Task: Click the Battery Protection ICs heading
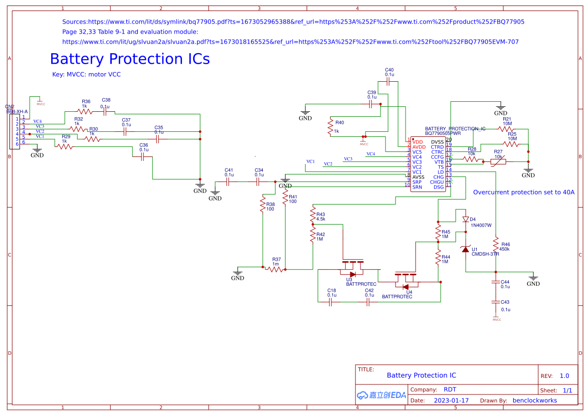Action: pyautogui.click(x=130, y=59)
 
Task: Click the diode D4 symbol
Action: pyautogui.click(x=466, y=219)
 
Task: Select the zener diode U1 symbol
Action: pyautogui.click(x=466, y=249)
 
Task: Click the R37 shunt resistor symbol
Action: pyautogui.click(x=275, y=269)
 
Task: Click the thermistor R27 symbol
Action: pyautogui.click(x=498, y=162)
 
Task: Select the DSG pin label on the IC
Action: pyautogui.click(x=439, y=187)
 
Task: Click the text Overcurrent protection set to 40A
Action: pyautogui.click(x=523, y=192)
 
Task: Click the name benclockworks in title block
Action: pyautogui.click(x=535, y=400)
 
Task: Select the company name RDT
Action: pyautogui.click(x=450, y=389)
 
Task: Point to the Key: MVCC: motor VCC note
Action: pyautogui.click(x=86, y=75)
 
